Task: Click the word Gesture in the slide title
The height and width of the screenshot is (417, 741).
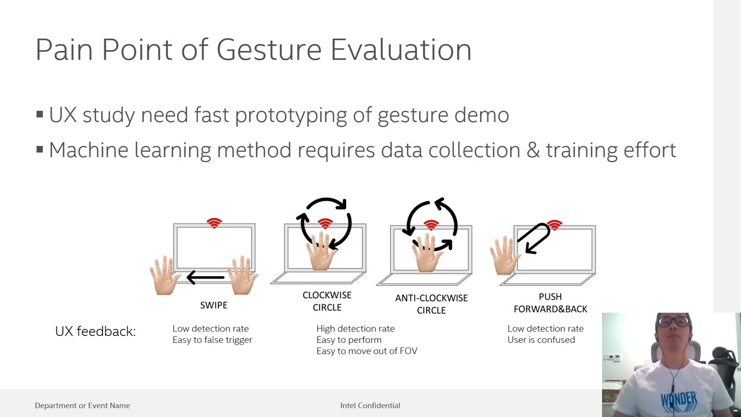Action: pos(269,50)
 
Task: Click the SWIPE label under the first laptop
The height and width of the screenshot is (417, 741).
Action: pos(214,305)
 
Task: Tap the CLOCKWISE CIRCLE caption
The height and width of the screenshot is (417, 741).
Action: pos(327,301)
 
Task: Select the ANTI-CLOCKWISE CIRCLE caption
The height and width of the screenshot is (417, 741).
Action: pos(431,304)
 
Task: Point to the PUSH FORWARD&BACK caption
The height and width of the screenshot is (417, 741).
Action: pos(550,303)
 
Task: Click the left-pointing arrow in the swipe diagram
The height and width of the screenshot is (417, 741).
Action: pos(206,278)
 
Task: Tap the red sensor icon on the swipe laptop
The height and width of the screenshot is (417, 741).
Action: pos(214,223)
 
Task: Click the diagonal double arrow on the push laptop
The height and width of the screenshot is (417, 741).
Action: pos(534,238)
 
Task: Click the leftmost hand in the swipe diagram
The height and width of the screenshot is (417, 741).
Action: pos(165,275)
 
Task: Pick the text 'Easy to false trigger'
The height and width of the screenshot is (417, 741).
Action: pos(212,340)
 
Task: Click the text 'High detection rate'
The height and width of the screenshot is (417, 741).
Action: pos(355,328)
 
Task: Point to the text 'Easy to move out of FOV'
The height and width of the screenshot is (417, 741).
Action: pos(366,351)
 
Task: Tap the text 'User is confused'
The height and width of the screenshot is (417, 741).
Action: pos(541,340)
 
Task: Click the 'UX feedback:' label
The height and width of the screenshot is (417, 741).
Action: pos(95,331)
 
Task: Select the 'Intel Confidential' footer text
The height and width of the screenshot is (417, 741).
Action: pos(370,405)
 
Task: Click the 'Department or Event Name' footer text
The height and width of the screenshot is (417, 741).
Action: pos(82,405)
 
